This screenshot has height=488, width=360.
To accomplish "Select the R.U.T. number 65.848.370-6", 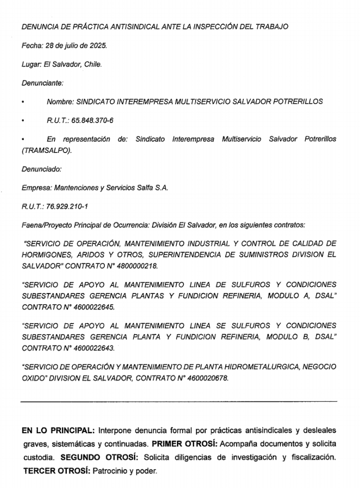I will (92, 121).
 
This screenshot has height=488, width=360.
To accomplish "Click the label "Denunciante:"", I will (42, 83).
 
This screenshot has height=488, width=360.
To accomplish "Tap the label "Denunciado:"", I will (41, 169).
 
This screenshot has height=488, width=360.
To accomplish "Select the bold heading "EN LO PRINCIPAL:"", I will (58, 431).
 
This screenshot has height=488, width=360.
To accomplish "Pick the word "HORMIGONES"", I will (47, 254).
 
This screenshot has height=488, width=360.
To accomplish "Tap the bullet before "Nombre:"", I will (23, 102).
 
